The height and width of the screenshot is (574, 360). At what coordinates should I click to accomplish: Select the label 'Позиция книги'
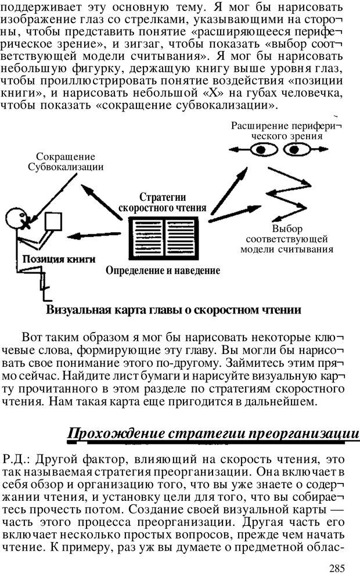pos(59,259)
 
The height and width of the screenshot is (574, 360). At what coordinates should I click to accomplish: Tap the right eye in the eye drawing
pos(297,150)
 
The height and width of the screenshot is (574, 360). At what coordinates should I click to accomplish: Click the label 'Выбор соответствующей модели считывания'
pos(287,239)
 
